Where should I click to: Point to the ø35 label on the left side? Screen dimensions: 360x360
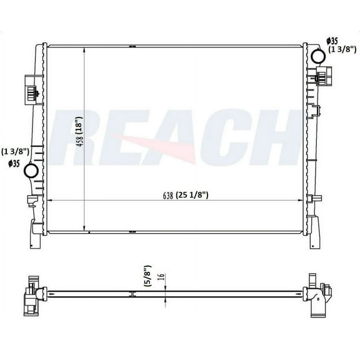(x=13, y=164)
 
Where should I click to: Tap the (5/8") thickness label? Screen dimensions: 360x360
(x=146, y=276)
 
